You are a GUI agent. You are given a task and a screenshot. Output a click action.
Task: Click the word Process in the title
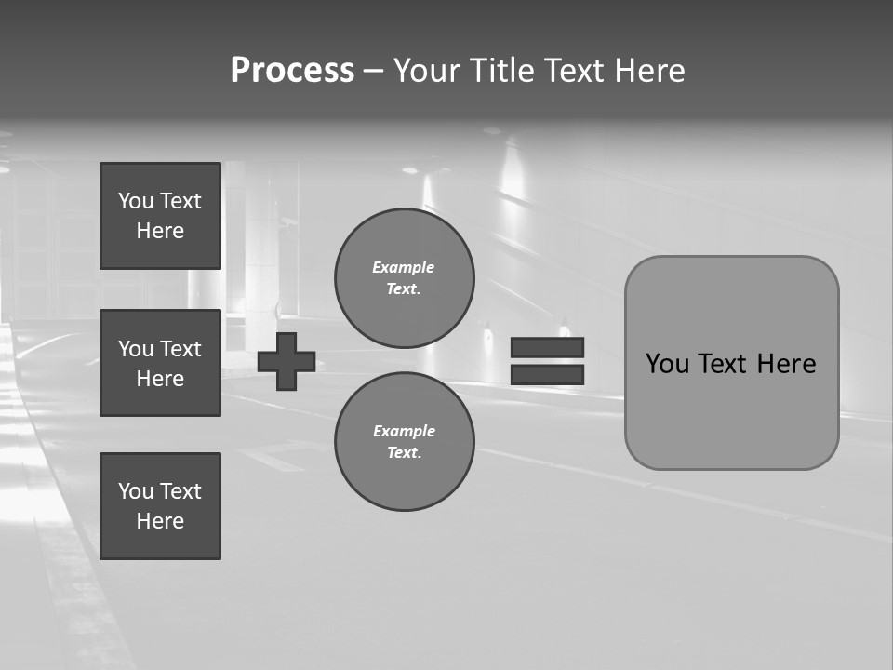point(292,71)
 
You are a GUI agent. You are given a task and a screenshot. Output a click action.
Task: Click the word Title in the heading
point(501,71)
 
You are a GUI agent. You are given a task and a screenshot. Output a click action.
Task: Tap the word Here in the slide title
point(649,71)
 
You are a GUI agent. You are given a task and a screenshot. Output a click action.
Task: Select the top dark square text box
point(160,216)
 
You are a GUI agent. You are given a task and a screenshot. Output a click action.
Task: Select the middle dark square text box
point(160,363)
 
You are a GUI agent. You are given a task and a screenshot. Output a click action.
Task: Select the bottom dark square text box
point(160,506)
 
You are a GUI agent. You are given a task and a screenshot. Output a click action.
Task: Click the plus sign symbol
point(287,361)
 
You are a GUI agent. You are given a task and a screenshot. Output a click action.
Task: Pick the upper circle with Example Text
point(405,278)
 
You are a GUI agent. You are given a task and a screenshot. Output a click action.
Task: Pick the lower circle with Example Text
point(405,442)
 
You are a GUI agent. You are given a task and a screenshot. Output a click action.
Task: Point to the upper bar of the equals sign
point(548,347)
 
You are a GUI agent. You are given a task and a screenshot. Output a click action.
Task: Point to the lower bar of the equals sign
point(548,375)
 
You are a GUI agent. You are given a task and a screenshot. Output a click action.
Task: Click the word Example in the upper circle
point(404,267)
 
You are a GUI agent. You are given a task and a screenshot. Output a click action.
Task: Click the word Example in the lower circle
point(404,431)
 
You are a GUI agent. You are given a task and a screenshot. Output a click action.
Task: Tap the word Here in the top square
point(160,231)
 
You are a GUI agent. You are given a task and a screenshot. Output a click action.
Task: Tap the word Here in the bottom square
point(160,521)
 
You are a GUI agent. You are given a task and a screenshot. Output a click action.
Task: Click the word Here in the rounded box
point(787,364)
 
